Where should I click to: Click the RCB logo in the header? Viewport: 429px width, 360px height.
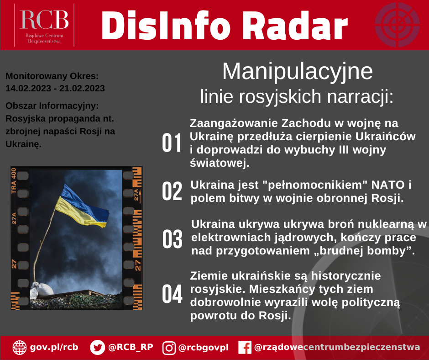(x=44, y=25)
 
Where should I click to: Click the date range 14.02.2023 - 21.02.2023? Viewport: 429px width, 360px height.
(x=55, y=88)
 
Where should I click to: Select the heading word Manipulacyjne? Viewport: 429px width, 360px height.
(x=297, y=72)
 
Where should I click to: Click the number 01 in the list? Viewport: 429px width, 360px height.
(x=173, y=143)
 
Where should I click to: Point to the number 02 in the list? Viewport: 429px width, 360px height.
(x=173, y=191)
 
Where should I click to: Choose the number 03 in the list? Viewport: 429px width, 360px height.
(x=173, y=239)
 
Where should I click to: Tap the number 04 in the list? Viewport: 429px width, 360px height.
(x=173, y=294)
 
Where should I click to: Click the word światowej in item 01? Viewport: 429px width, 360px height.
(x=219, y=163)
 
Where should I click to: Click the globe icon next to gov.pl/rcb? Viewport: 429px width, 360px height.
(x=20, y=347)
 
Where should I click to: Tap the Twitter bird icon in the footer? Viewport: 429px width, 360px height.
(x=98, y=347)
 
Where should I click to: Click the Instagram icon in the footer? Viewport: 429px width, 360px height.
(x=169, y=348)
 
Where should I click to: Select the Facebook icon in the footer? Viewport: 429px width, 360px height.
(x=245, y=348)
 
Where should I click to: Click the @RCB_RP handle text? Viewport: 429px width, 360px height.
(x=131, y=347)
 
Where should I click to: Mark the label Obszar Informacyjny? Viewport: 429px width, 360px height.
(x=52, y=106)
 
